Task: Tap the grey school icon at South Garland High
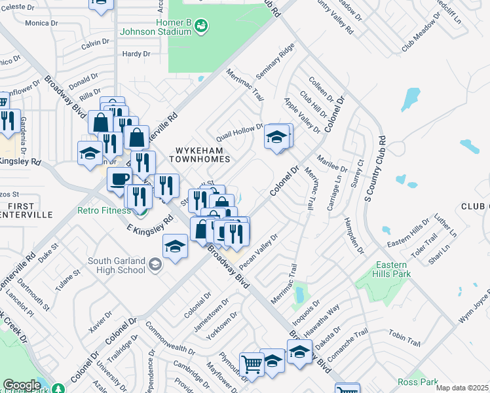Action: pyautogui.click(x=156, y=264)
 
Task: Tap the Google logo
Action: pyautogui.click(x=21, y=385)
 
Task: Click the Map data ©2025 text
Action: pyautogui.click(x=462, y=388)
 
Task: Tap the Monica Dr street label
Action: pyautogui.click(x=42, y=23)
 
